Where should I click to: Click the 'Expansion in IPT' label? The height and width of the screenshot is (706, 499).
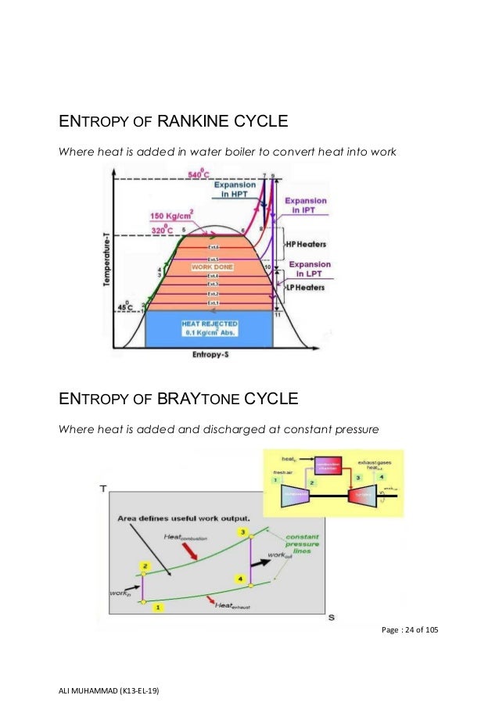click(307, 206)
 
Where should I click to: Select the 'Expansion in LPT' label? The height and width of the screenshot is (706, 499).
click(310, 270)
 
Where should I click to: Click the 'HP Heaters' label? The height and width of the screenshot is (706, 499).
click(305, 245)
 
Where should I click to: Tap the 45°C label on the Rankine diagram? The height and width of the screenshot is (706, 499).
click(124, 306)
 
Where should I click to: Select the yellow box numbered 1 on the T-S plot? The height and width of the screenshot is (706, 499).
click(159, 606)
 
